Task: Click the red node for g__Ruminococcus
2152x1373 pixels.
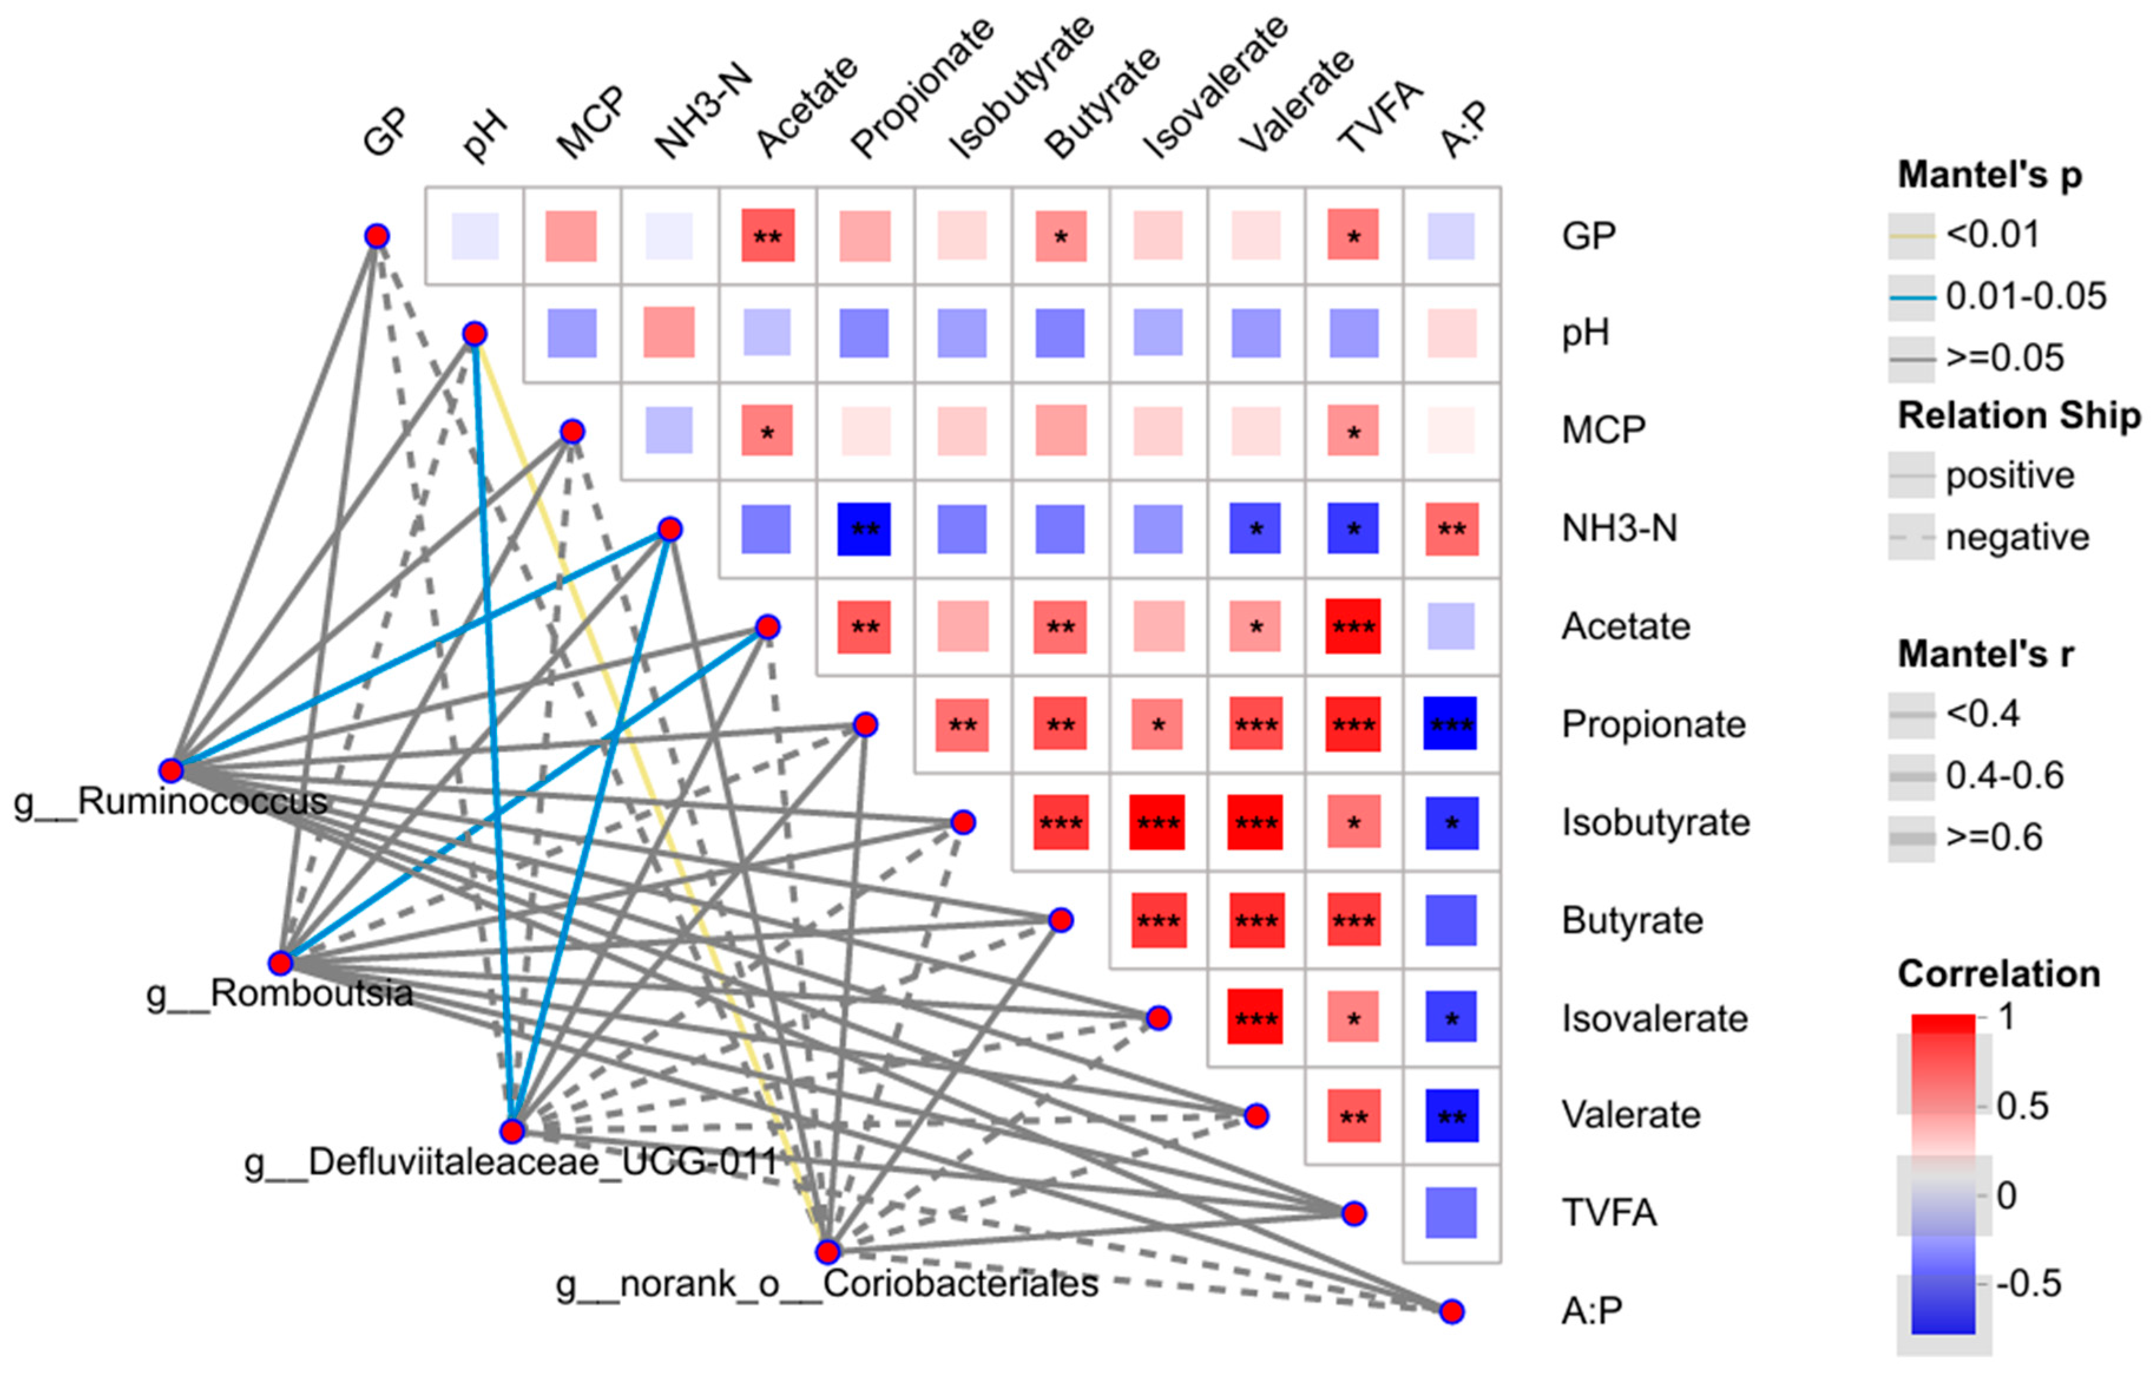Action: click(171, 770)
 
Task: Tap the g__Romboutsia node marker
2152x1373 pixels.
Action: click(281, 963)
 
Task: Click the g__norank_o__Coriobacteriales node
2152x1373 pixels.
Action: click(828, 1252)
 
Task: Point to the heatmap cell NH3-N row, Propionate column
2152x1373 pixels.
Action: click(864, 529)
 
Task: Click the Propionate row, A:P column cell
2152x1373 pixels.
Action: click(1450, 724)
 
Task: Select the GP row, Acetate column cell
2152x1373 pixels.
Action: click(767, 236)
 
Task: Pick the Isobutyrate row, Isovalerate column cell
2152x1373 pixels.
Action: click(1157, 822)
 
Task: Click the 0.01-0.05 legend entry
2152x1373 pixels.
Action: click(2025, 297)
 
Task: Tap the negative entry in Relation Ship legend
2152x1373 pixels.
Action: click(2017, 537)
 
